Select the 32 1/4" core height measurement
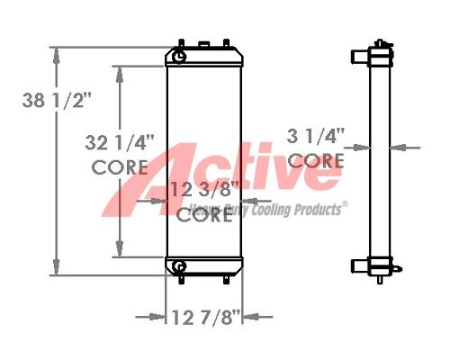pos(120,142)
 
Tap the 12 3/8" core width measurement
pos(204,189)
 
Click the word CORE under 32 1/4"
pos(120,166)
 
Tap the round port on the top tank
pos(180,57)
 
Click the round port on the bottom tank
pos(180,266)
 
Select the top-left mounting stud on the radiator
pos(183,42)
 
